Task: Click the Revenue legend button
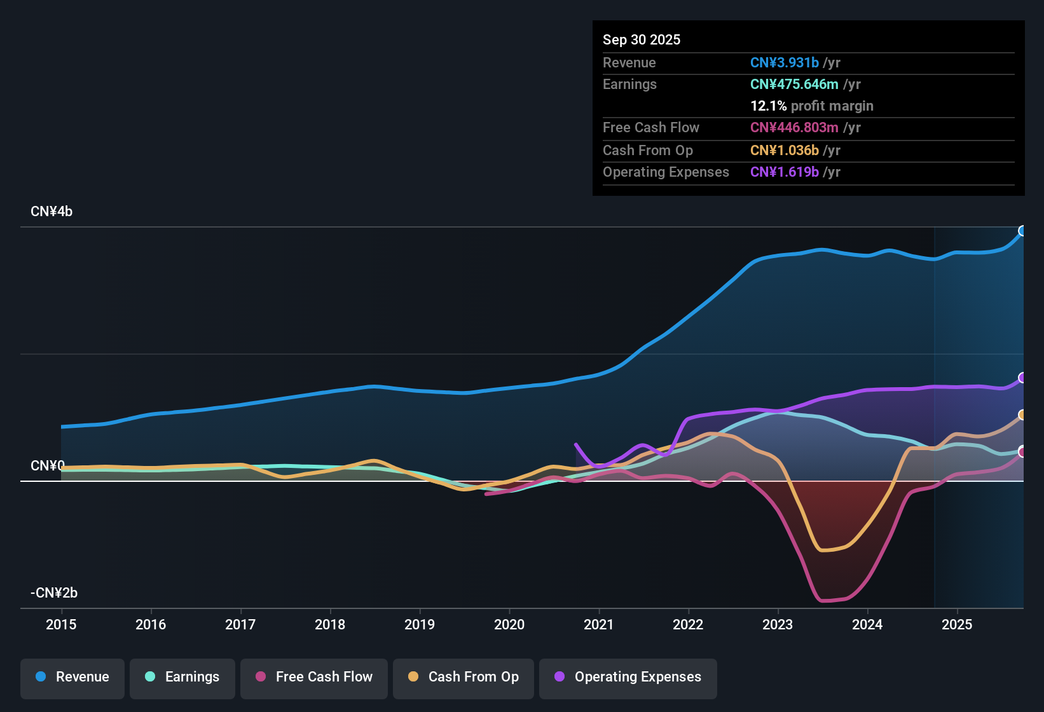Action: pyautogui.click(x=72, y=677)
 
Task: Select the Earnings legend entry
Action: pyautogui.click(x=182, y=677)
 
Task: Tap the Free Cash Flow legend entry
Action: pyautogui.click(x=314, y=677)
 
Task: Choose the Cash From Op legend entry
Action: pyautogui.click(x=464, y=677)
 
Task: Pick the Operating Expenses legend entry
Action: pyautogui.click(x=628, y=677)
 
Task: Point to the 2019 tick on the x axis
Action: pyautogui.click(x=420, y=624)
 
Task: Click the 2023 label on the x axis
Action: pyautogui.click(x=778, y=624)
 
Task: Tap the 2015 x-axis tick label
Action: pyautogui.click(x=61, y=624)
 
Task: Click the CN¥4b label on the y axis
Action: pyautogui.click(x=52, y=212)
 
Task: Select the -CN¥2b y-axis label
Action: pyautogui.click(x=54, y=593)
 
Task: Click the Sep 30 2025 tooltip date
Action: pyautogui.click(x=642, y=40)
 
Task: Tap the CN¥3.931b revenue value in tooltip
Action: pyautogui.click(x=784, y=63)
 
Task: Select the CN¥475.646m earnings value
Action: pyautogui.click(x=794, y=85)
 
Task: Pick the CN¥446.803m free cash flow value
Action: pyautogui.click(x=794, y=128)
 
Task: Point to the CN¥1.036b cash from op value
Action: pyautogui.click(x=784, y=151)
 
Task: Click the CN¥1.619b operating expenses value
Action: pyautogui.click(x=784, y=172)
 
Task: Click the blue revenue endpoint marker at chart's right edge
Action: pyautogui.click(x=1022, y=231)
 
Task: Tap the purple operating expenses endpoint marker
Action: pyautogui.click(x=1022, y=378)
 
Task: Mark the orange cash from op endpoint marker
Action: pyautogui.click(x=1022, y=415)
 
